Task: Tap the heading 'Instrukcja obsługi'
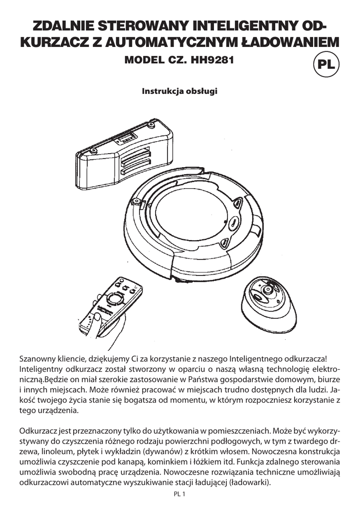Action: tap(180, 92)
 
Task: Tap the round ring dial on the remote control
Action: tap(116, 298)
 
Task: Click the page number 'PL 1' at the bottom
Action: tap(180, 494)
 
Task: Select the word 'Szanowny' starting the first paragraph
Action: tap(37, 359)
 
